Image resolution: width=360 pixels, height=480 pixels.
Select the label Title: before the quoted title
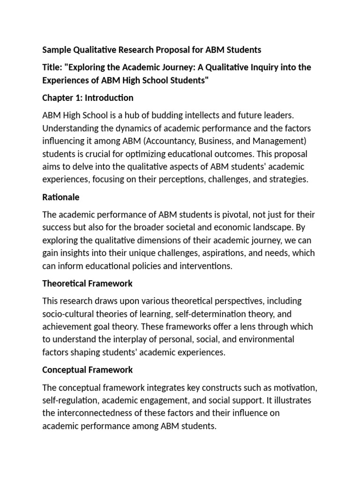point(52,67)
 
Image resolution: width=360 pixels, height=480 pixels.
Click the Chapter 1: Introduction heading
point(88,98)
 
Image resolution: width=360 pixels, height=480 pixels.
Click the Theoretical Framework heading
point(87,284)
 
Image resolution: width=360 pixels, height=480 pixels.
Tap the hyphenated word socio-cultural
point(68,314)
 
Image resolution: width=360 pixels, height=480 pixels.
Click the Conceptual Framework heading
point(87,370)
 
